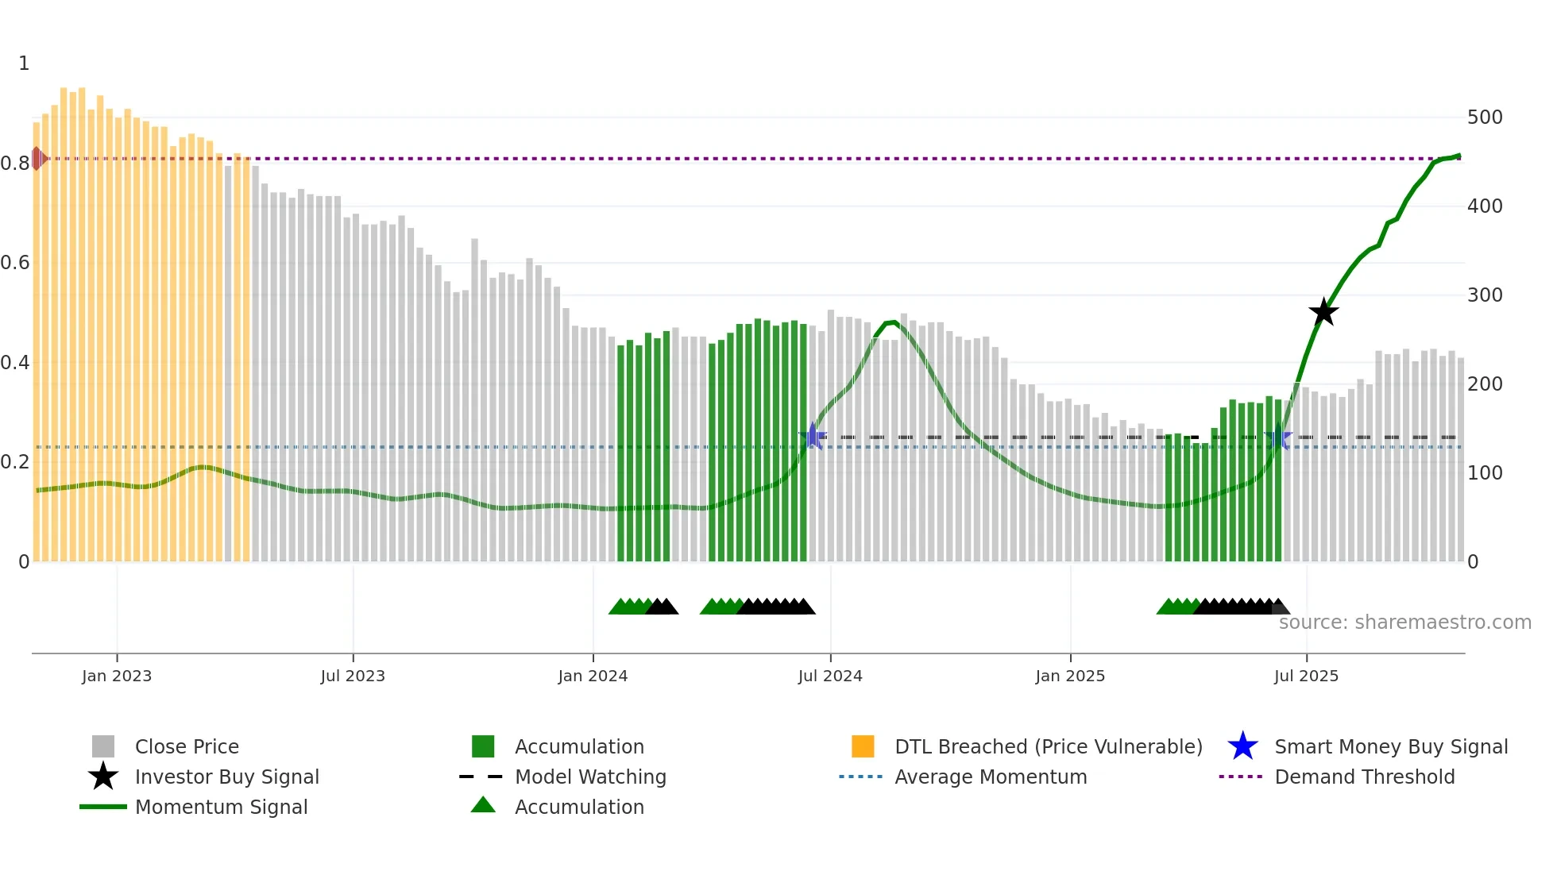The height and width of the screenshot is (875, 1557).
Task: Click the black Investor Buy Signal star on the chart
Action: (x=1323, y=312)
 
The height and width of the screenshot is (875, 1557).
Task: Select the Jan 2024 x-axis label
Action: (x=593, y=676)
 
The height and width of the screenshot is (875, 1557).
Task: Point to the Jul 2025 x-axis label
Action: (x=1306, y=676)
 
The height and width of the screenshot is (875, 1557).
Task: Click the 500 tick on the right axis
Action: (x=1485, y=118)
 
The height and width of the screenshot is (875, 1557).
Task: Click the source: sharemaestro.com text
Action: (x=1404, y=623)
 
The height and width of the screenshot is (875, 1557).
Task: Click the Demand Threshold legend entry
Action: (x=1364, y=777)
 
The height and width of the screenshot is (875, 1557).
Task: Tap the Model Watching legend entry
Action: (x=589, y=777)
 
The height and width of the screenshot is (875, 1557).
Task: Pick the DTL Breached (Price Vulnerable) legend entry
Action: (x=1048, y=747)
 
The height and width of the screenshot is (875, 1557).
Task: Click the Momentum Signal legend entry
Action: (x=221, y=808)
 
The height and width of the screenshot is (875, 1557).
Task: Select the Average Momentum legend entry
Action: (x=990, y=777)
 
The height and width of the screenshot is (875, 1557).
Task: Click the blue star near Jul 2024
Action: (x=813, y=436)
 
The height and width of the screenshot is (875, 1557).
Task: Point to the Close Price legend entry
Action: (x=186, y=747)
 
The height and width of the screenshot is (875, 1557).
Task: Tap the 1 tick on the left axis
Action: (x=24, y=64)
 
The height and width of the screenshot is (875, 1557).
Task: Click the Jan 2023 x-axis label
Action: (x=117, y=676)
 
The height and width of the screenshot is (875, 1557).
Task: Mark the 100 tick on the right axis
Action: (x=1485, y=473)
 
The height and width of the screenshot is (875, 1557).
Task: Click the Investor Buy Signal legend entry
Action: (x=226, y=777)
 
